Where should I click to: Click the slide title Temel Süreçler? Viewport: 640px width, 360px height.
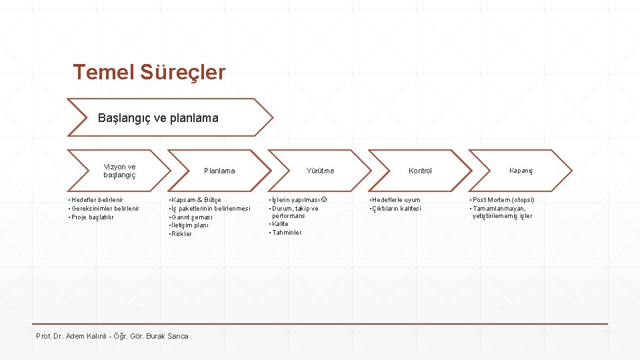(x=149, y=72)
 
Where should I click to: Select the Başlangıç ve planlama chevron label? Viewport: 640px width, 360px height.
(x=158, y=118)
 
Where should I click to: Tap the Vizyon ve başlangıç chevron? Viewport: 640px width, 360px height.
(x=120, y=171)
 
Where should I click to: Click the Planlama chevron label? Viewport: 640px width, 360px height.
(x=219, y=171)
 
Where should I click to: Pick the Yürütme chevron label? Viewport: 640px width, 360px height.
(x=320, y=171)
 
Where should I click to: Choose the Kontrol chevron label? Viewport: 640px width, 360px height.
(x=420, y=171)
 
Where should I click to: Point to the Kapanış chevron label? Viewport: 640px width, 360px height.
(x=521, y=171)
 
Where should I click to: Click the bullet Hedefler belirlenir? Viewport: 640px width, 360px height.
(x=97, y=199)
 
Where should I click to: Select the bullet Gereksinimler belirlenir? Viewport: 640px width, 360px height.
(x=105, y=208)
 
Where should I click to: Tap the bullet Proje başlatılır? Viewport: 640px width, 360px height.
(x=93, y=217)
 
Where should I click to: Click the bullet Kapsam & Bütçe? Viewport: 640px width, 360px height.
(x=196, y=199)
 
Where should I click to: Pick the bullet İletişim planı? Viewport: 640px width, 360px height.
(x=191, y=225)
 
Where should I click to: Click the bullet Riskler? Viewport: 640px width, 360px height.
(x=181, y=234)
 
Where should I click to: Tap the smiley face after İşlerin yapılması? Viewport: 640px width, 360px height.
(x=324, y=199)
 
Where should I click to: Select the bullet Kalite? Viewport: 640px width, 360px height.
(x=280, y=224)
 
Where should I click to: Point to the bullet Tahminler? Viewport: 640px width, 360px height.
(x=287, y=233)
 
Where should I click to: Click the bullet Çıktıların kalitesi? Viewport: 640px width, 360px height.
(x=397, y=208)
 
